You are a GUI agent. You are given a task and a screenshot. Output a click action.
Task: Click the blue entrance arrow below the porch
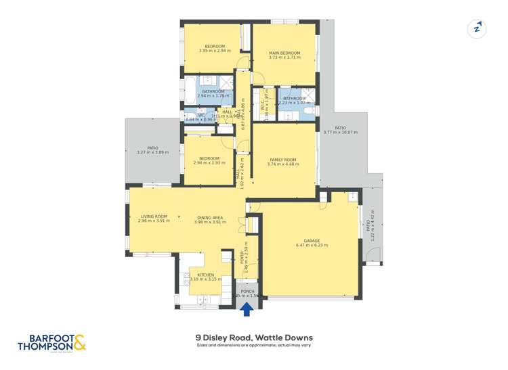click(248, 309)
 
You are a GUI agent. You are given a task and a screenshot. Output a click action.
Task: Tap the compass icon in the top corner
click(478, 28)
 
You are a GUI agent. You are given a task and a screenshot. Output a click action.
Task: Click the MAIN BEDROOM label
click(284, 52)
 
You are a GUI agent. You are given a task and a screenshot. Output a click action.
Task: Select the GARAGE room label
click(312, 240)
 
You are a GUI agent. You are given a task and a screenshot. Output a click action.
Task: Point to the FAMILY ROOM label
click(283, 160)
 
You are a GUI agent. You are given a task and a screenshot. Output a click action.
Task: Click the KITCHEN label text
click(205, 275)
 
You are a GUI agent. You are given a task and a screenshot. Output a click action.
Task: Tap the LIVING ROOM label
click(154, 216)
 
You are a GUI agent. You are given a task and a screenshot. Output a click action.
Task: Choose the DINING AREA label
click(209, 216)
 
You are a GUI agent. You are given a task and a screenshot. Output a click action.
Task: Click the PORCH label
click(247, 291)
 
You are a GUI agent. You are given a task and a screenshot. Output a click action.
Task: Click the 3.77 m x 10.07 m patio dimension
click(340, 133)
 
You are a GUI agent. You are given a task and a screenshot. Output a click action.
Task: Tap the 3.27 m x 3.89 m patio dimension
click(153, 152)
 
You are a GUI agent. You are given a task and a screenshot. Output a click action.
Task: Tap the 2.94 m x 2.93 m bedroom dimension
click(209, 163)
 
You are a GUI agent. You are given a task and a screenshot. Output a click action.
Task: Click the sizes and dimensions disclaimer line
click(254, 346)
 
